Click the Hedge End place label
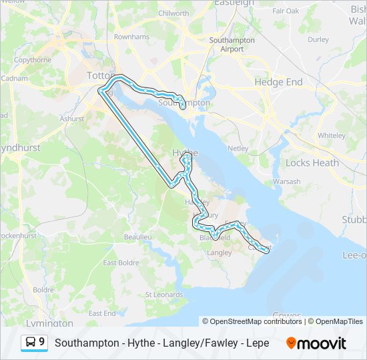click(278, 82)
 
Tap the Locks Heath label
click(312, 163)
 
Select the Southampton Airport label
click(232, 45)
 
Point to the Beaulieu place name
click(137, 237)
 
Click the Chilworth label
click(173, 13)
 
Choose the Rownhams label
click(131, 37)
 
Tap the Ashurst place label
click(72, 119)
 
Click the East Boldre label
click(120, 263)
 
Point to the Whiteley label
click(331, 135)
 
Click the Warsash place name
click(286, 181)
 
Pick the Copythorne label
click(33, 60)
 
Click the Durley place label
click(318, 39)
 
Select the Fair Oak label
click(286, 11)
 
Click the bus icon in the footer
click(31, 343)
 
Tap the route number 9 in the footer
click(41, 342)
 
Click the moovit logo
click(316, 343)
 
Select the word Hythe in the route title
click(127, 343)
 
